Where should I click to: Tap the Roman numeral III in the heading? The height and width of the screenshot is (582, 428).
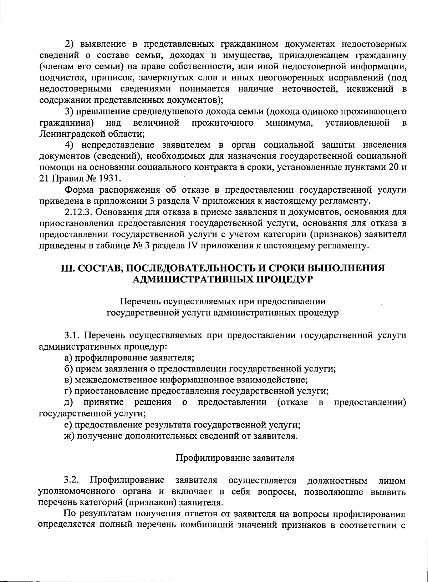[66, 268]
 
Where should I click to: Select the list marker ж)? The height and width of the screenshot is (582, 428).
[69, 436]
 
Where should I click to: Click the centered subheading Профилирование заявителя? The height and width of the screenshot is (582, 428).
[235, 458]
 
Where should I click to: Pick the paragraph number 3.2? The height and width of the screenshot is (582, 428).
[71, 480]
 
